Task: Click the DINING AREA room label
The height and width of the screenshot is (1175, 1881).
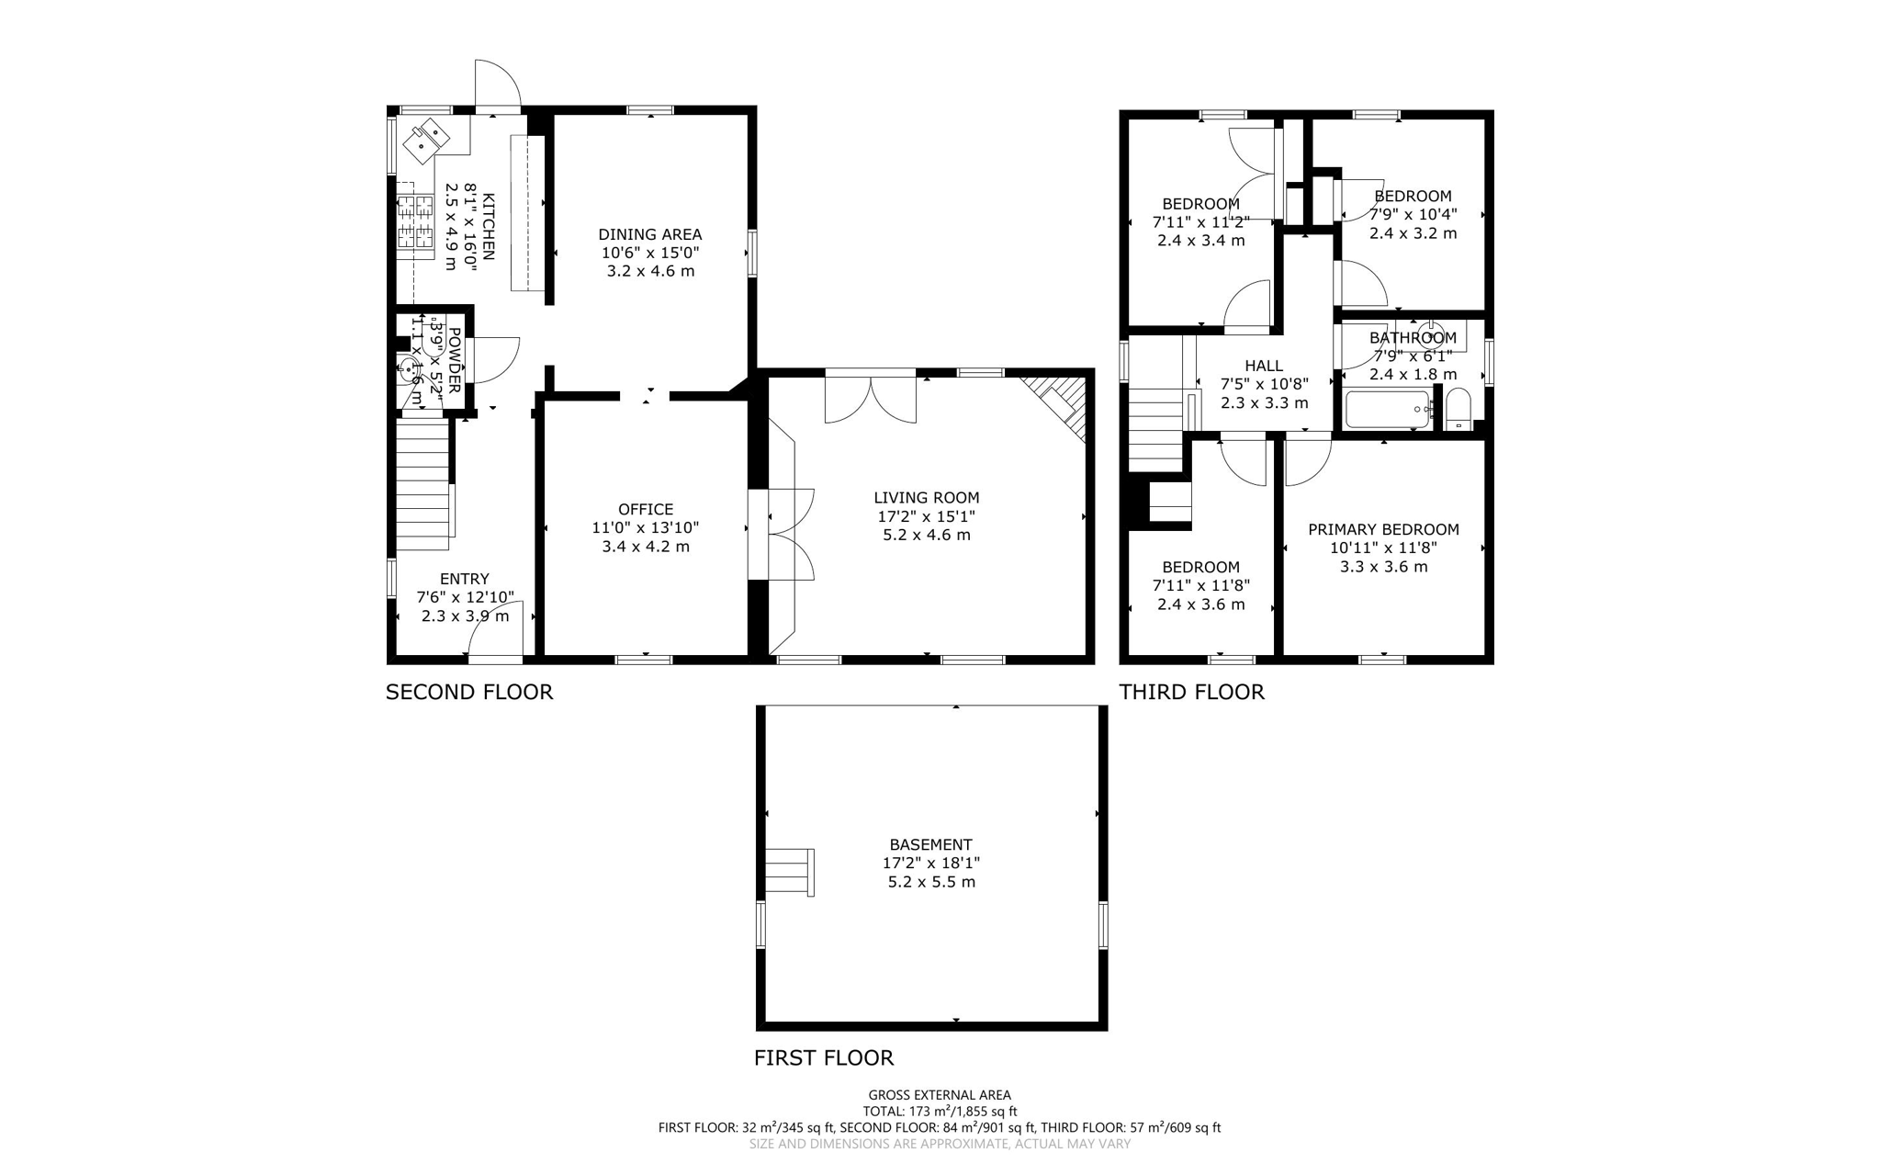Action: tap(649, 234)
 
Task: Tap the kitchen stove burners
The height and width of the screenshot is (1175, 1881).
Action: tap(414, 222)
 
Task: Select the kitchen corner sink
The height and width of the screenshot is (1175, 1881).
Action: tap(429, 139)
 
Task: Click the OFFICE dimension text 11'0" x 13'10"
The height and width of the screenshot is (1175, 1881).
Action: tap(645, 528)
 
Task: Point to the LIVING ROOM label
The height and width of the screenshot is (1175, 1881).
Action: tap(926, 498)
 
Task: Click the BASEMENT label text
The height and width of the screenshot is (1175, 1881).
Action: tap(930, 844)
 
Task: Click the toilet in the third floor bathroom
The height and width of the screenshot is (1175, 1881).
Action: tap(1459, 410)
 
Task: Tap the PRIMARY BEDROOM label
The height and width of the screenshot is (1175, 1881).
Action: tap(1383, 529)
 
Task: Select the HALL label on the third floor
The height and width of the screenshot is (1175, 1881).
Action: tap(1264, 366)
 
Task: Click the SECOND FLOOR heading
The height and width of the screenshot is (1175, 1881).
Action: tap(468, 692)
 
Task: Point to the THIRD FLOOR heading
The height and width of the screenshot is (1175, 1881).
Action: tap(1191, 692)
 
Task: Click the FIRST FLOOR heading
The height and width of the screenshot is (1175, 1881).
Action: tap(823, 1057)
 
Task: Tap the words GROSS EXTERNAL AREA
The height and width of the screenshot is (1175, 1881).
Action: tap(940, 1095)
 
